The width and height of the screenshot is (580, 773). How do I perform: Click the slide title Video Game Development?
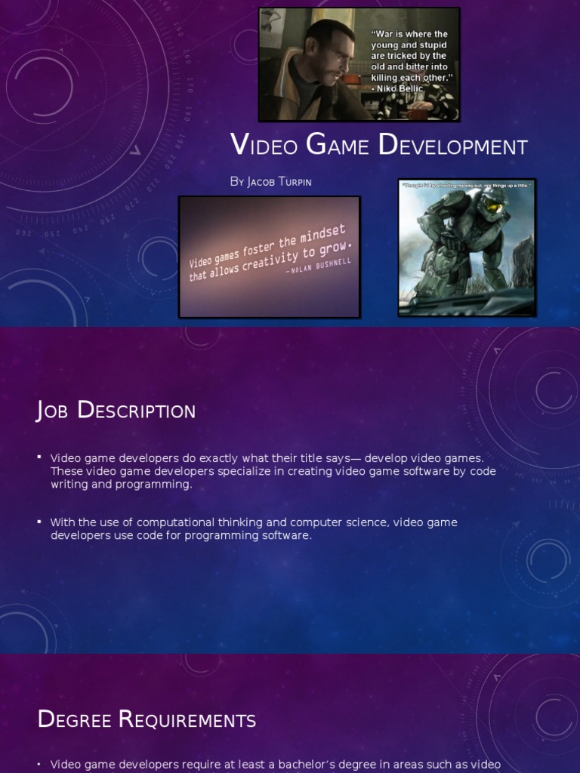tap(378, 145)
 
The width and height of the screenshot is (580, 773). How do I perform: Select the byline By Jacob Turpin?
tap(271, 182)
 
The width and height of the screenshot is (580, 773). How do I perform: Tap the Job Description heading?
tap(116, 411)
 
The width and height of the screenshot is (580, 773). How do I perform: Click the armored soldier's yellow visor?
tap(495, 205)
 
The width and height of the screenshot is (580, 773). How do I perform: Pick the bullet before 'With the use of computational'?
tap(39, 522)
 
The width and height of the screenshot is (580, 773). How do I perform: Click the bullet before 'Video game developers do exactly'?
tap(39, 457)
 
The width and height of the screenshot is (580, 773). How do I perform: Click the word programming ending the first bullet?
tap(160, 485)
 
